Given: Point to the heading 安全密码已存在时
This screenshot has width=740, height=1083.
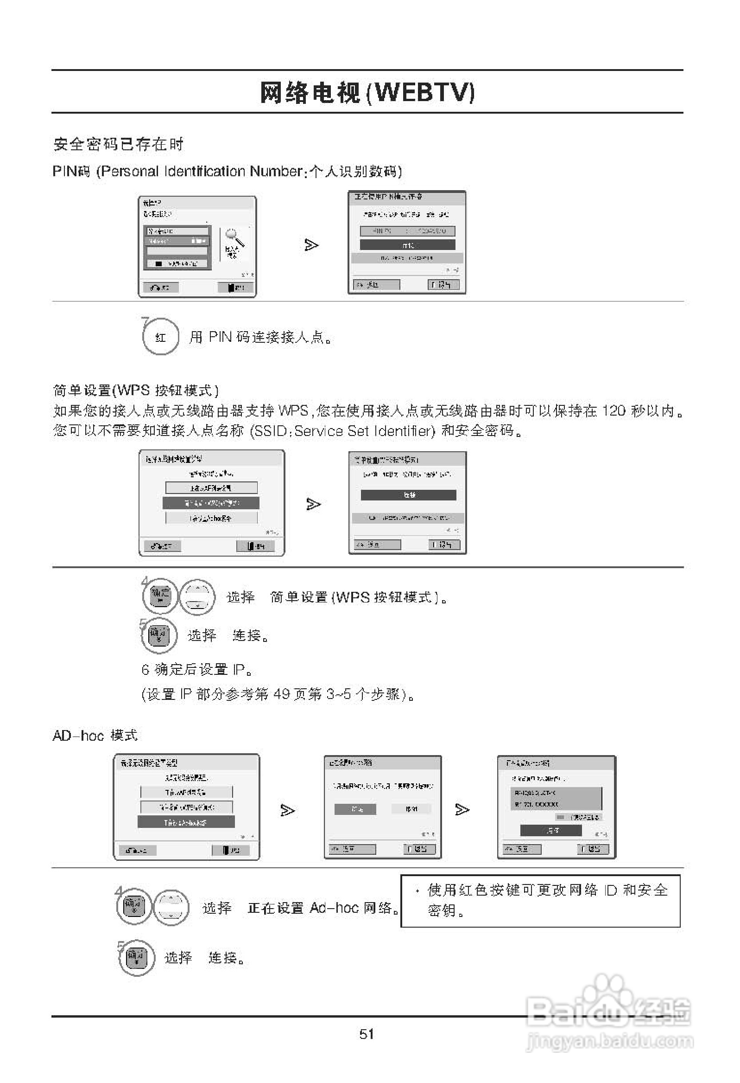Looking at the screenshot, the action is pyautogui.click(x=118, y=144).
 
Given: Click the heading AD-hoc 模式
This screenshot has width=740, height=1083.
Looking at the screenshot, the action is pyautogui.click(x=95, y=735).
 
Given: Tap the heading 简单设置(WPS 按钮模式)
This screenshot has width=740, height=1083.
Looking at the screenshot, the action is pyautogui.click(x=135, y=390).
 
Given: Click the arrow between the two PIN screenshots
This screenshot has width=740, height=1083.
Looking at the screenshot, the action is pyautogui.click(x=311, y=244).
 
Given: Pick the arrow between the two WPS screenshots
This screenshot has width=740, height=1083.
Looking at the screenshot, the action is pyautogui.click(x=313, y=504).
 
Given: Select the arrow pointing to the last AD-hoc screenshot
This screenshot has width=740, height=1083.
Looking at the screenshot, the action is pyautogui.click(x=462, y=810).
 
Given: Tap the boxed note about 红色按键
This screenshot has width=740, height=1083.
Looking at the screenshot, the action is pyautogui.click(x=540, y=901).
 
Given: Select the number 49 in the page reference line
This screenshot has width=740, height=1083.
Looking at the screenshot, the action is pyautogui.click(x=282, y=694).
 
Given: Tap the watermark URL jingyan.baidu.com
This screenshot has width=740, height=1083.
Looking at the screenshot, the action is pyautogui.click(x=609, y=1041).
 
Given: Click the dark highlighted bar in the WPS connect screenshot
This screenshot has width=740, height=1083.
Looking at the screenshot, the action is pyautogui.click(x=408, y=495).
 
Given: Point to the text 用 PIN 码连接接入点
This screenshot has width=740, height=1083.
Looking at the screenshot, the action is pyautogui.click(x=261, y=337).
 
